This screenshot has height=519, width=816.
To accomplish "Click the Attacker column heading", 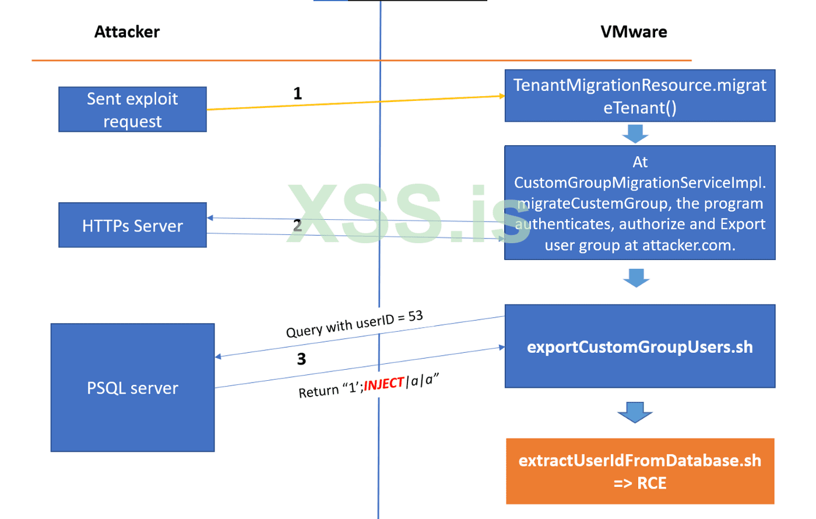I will point(127,32).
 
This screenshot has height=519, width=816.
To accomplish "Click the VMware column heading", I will point(634,32).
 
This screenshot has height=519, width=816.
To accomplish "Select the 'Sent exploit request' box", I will point(132,110).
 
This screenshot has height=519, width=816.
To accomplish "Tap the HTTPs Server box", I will point(132,226).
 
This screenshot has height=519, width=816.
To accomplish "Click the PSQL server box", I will point(132,388).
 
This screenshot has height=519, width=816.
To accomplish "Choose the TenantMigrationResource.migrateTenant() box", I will point(639,96).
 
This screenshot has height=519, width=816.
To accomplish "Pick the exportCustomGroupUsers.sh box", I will point(639,347).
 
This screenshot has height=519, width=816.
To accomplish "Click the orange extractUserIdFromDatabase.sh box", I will point(639,471).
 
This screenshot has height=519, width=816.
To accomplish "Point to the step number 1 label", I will point(298,93).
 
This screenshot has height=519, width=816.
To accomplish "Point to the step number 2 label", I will point(298,225).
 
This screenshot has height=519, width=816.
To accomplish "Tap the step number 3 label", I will point(301,359).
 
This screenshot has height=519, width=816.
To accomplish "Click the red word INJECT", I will point(384,384).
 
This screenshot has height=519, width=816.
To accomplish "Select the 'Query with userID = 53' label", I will point(354,324).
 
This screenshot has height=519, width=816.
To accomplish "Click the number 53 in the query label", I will point(416,316).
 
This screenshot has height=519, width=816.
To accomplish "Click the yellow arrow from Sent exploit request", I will point(356,103).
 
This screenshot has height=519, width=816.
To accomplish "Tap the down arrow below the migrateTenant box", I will point(635,134).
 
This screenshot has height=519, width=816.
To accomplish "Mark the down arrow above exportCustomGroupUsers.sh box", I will point(636,278).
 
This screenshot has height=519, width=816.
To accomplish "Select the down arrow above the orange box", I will point(635,412).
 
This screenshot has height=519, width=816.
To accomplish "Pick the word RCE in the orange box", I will point(652,483).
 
